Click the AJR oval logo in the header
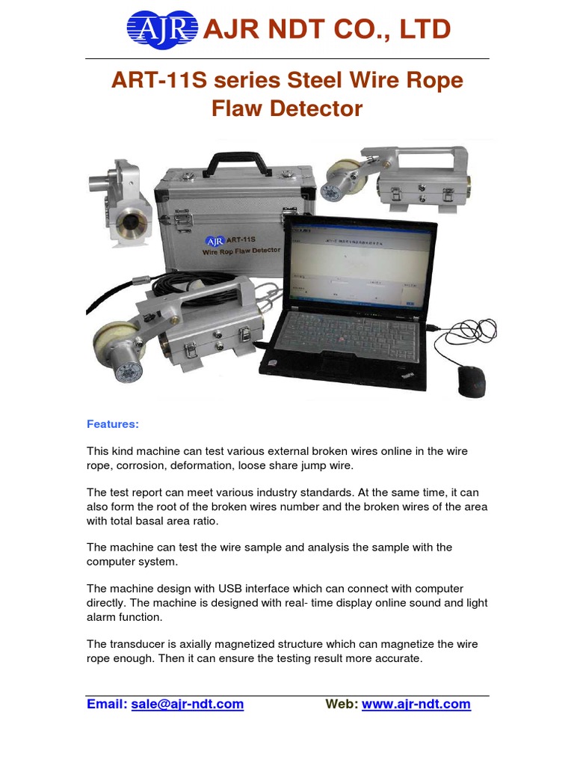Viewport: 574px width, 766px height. pyautogui.click(x=162, y=30)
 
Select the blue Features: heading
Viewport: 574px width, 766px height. pyautogui.click(x=113, y=424)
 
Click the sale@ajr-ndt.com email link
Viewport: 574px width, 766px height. pyautogui.click(x=187, y=704)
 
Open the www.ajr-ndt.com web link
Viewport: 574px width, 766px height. pyautogui.click(x=416, y=704)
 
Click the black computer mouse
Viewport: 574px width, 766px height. pyautogui.click(x=471, y=381)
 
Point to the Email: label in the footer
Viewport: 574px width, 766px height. pyautogui.click(x=107, y=704)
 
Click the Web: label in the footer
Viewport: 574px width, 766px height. pyautogui.click(x=342, y=704)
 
